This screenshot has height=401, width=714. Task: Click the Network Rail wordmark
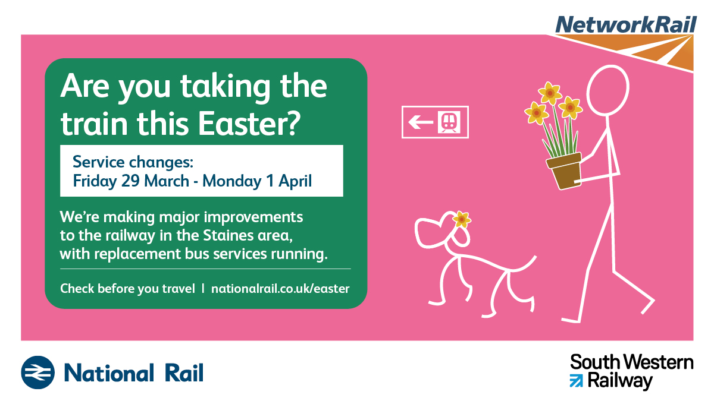626,25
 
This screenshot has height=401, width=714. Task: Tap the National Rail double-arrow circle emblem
38,372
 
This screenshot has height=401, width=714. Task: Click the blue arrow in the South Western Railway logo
577,381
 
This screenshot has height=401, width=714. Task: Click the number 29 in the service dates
130,181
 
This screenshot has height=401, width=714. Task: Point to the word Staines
228,235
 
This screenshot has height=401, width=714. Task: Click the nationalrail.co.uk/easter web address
280,289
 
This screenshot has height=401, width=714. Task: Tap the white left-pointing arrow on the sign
421,122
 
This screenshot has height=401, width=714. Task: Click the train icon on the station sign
449,122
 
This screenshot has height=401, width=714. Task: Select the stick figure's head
608,90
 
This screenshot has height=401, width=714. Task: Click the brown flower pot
564,171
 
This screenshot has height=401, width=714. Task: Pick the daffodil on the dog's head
462,219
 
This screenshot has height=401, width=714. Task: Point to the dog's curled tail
522,265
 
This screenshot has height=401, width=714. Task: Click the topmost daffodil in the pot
550,93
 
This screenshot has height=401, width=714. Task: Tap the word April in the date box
295,181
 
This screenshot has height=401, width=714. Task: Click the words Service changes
133,162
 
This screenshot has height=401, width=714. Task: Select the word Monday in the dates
231,181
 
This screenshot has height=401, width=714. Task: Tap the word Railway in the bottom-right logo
620,381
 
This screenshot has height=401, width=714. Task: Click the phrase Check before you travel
127,289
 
